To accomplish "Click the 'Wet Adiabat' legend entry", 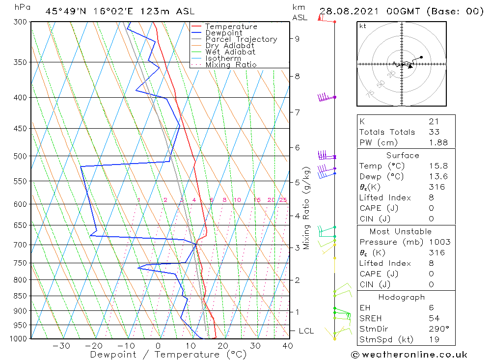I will point(230,52).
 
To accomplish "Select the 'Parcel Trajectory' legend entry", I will point(241,39).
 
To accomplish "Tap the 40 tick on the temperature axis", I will point(287,346).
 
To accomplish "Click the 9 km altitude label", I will point(298,38).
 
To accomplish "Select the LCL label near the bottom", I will point(306,331).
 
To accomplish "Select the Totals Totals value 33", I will point(434,132).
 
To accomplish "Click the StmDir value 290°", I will point(438,329).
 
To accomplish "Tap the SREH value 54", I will point(434,318).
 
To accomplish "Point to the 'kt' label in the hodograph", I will point(363,26).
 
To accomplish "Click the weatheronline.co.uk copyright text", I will point(409,354).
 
